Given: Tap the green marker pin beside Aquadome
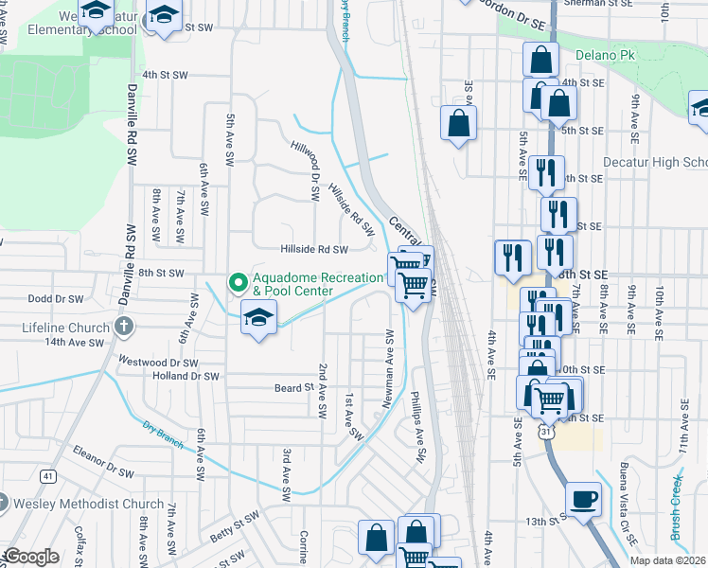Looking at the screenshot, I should coord(238,282).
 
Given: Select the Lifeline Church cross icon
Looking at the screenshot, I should coord(122,328).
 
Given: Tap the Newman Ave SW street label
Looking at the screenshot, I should coord(387,369).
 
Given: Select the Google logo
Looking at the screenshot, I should coord(32,557).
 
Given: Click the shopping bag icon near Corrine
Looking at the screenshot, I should coord(376,537).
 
